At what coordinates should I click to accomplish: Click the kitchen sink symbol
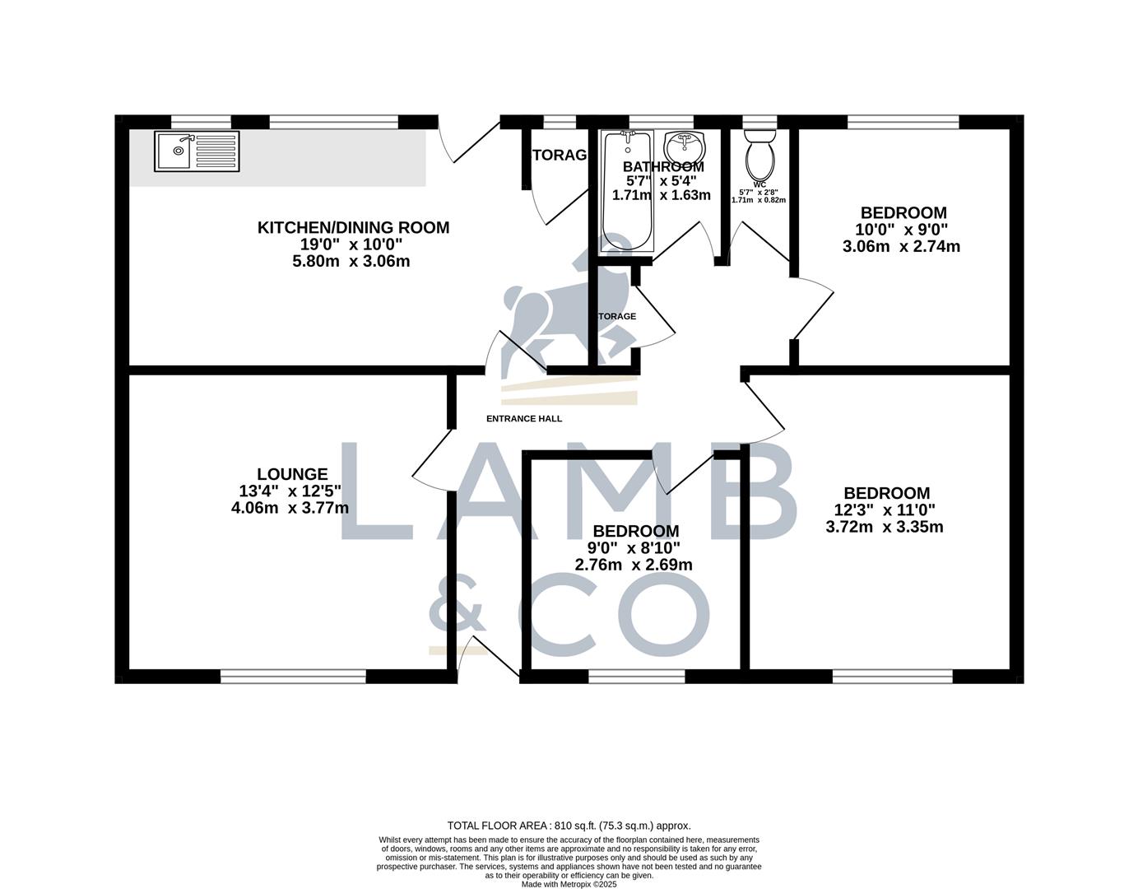pos(197,151)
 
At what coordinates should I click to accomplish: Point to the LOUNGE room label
pos(292,474)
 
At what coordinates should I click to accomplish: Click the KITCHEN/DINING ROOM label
pos(353,228)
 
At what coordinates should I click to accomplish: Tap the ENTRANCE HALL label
pos(524,419)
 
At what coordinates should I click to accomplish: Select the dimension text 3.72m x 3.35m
pos(885,527)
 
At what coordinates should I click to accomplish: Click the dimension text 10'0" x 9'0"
pos(903,230)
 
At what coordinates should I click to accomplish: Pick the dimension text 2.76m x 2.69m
pos(634,566)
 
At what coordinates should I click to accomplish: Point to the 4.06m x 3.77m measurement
pos(290,509)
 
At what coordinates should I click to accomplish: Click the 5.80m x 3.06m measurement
pos(351,262)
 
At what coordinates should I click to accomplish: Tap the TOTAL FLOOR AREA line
pos(569,826)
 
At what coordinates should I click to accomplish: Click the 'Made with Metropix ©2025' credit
pos(569,884)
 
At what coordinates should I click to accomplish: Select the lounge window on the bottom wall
pos(293,677)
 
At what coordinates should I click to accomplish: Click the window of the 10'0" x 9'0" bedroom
pos(903,123)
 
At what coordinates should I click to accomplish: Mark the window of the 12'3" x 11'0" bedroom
pos(893,677)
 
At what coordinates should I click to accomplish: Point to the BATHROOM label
pos(663,167)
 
